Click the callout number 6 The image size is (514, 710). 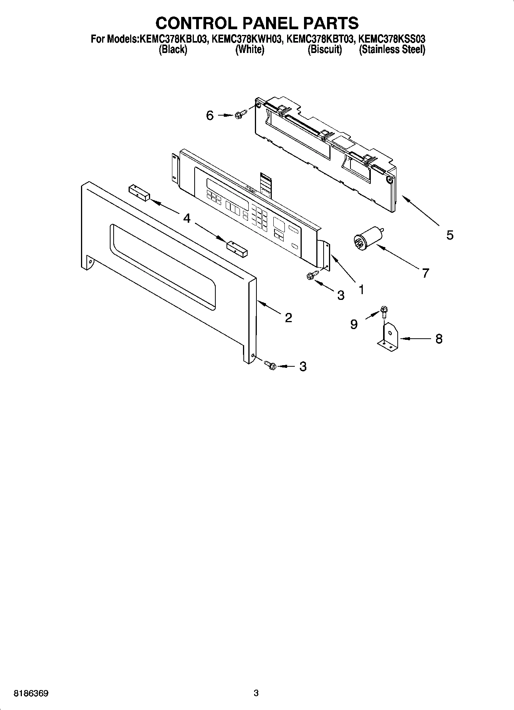click(x=210, y=115)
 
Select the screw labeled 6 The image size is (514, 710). click(x=238, y=114)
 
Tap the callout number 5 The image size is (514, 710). click(x=450, y=235)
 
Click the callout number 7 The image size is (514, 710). click(x=425, y=273)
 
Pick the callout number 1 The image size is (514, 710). click(x=361, y=289)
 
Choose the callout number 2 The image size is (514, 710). click(x=288, y=318)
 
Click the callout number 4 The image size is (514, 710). click(x=187, y=218)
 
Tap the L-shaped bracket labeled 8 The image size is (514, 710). click(x=388, y=337)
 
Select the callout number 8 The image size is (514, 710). click(x=439, y=339)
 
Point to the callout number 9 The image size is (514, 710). click(x=354, y=324)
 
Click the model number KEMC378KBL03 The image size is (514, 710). click(x=172, y=39)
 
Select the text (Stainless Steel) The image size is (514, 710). click(x=392, y=49)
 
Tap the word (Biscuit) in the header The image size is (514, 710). click(x=325, y=49)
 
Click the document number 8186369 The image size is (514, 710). click(x=31, y=693)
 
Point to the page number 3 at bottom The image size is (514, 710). click(x=256, y=693)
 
